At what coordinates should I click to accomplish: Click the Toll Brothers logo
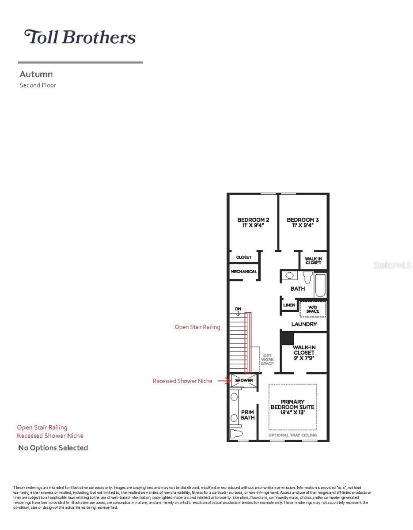point(80,37)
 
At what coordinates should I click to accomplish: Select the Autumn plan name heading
point(36,75)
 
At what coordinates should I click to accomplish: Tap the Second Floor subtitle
point(38,85)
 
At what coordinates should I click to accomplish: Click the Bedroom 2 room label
point(253,222)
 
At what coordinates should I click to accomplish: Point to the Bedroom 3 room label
point(303,222)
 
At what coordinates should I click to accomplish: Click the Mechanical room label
point(243,272)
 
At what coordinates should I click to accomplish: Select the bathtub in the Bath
point(320,285)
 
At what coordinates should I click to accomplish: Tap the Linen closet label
point(289,305)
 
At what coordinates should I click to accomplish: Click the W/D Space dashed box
point(313,309)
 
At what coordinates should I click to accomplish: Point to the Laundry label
point(304,324)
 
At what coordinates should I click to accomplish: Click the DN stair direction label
point(238,309)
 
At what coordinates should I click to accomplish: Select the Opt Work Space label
point(267,360)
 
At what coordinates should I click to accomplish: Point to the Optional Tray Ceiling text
point(293,435)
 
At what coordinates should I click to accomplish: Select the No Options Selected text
point(53,448)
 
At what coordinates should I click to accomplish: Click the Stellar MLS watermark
point(393,265)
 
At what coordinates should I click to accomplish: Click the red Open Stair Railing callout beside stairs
point(197,327)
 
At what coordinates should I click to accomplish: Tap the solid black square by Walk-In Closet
point(288,338)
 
